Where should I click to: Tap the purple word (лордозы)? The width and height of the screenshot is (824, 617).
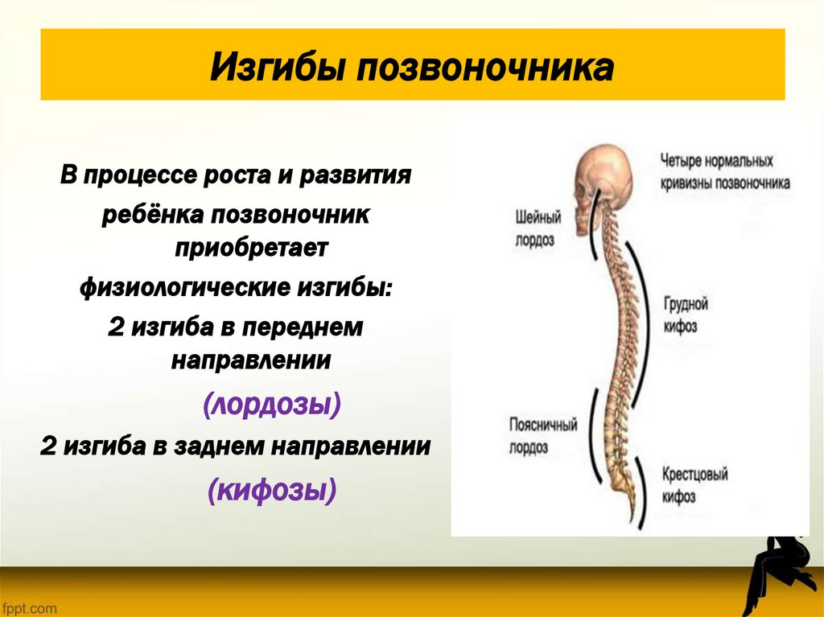click(x=272, y=404)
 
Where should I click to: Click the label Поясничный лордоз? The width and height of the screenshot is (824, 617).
click(x=543, y=435)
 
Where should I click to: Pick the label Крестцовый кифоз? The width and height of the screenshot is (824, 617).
click(x=694, y=485)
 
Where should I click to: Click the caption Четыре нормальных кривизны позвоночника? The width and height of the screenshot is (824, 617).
click(x=724, y=171)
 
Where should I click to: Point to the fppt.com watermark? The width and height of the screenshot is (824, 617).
click(x=29, y=608)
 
